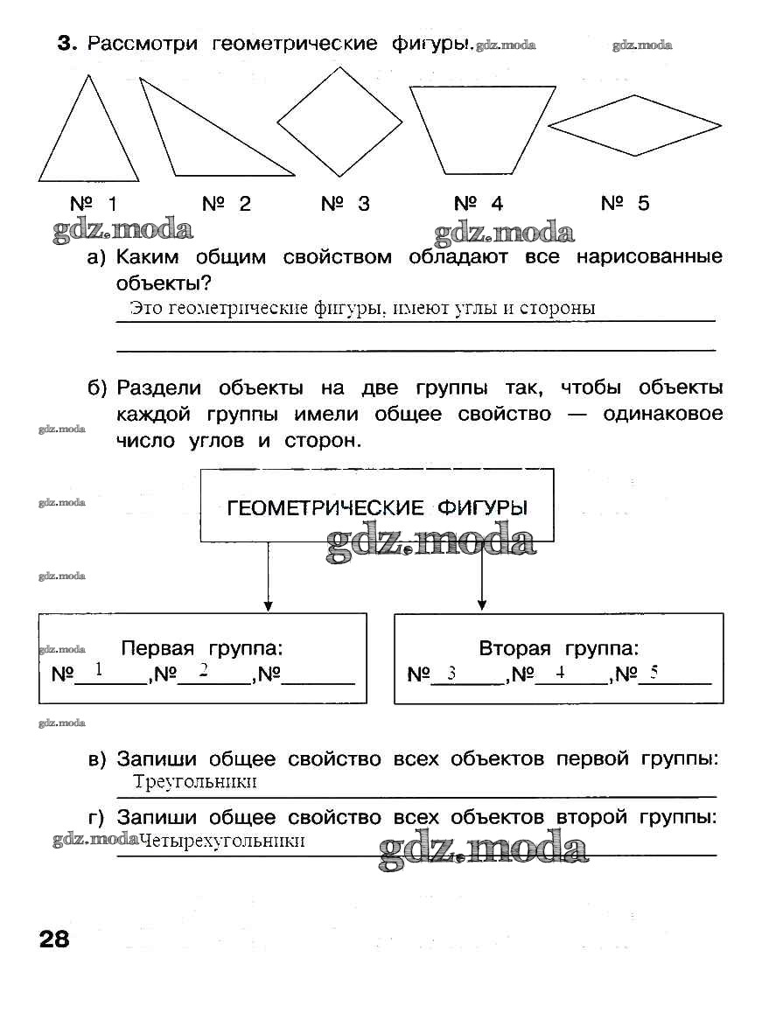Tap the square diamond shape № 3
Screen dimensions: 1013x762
[x=326, y=121]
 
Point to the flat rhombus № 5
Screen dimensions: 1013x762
[x=634, y=125]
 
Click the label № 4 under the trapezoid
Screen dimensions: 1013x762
[x=479, y=204]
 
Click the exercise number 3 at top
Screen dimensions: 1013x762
[x=63, y=44]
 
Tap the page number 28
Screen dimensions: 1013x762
[x=53, y=940]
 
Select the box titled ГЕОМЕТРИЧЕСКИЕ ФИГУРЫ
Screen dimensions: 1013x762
[x=377, y=507]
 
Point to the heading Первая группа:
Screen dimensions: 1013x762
[x=202, y=649]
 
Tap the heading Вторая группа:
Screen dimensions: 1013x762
[x=558, y=649]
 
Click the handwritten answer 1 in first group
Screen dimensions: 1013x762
[x=99, y=671]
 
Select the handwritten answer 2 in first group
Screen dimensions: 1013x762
[x=203, y=671]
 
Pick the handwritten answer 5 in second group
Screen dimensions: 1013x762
[x=653, y=673]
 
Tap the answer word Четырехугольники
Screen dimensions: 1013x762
[x=222, y=841]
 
